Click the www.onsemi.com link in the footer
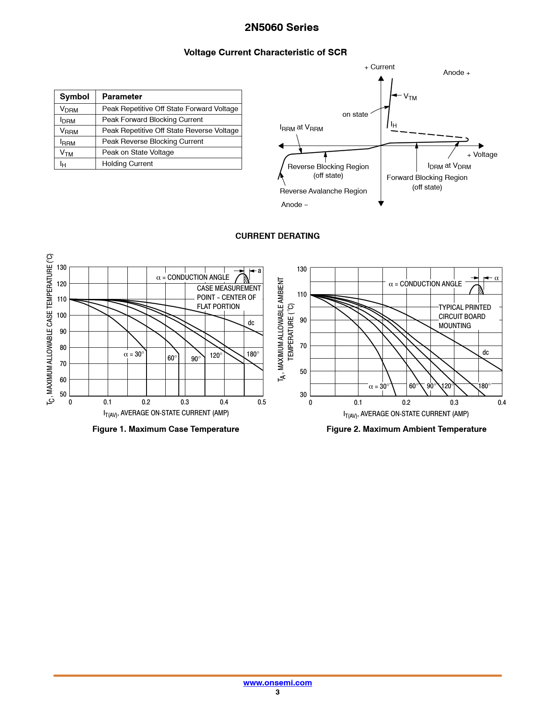277,683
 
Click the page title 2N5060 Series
281,27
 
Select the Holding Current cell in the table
127,164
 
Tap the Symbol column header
75,97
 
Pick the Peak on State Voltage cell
138,153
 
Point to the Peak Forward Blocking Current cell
152,120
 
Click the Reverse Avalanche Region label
323,191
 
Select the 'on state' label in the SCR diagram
355,115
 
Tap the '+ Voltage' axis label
482,155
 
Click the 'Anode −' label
294,205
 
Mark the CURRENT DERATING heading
277,236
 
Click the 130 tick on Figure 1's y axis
62,268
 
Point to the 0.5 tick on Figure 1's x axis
262,402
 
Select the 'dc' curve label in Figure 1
251,323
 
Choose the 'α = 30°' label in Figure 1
133,354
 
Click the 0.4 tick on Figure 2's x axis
502,403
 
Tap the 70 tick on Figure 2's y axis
303,346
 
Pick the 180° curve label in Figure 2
484,386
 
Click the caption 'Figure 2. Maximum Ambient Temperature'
406,429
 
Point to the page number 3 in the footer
277,692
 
